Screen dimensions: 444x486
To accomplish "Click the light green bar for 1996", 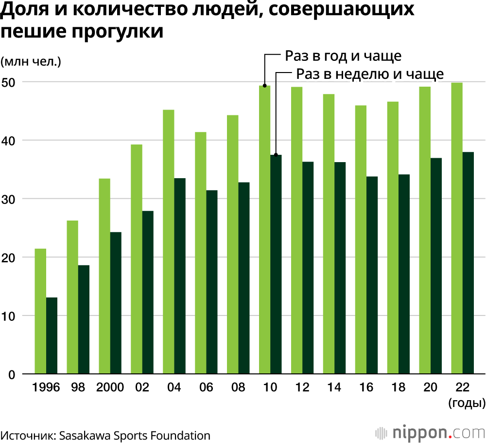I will (x=40, y=312).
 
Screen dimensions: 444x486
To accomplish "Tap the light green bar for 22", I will (x=457, y=228).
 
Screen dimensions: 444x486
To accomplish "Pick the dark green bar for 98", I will (x=84, y=319).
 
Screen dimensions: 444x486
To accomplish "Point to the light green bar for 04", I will (x=168, y=242).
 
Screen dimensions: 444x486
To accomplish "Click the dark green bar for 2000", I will (x=116, y=303).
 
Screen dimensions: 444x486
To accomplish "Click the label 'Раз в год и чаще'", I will (x=343, y=56).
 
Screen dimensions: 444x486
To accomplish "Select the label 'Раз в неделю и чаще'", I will (x=369, y=74).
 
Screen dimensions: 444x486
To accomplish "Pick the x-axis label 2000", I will (x=110, y=388).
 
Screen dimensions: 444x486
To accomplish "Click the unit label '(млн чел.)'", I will (x=30, y=62).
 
